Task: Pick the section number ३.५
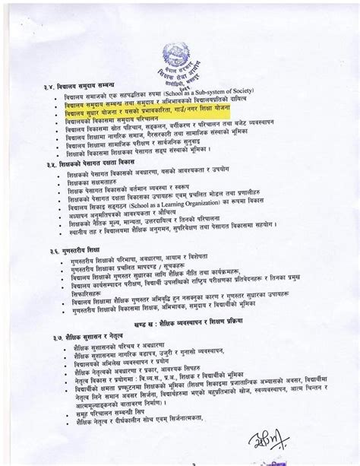click(54, 163)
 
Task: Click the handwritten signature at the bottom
click(267, 443)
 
